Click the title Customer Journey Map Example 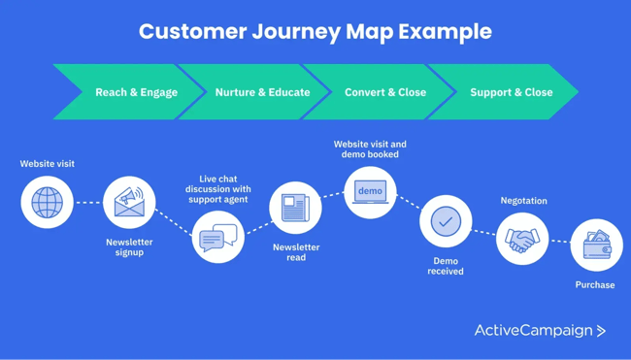[315, 31]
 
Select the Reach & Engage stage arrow [136, 92]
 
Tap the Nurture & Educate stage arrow [262, 92]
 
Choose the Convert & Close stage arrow [385, 92]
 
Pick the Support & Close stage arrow [511, 92]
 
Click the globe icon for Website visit [47, 203]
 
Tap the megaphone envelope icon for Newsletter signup [129, 202]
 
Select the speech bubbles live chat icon [217, 237]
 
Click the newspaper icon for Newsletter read [295, 208]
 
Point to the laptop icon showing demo [370, 192]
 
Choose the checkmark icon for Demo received [446, 222]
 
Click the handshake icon [522, 239]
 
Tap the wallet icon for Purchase [596, 245]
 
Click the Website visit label [47, 164]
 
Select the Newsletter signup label [129, 247]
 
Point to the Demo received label [446, 266]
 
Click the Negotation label [523, 201]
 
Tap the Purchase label [594, 285]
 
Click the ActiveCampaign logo [540, 331]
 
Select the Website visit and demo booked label [370, 149]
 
